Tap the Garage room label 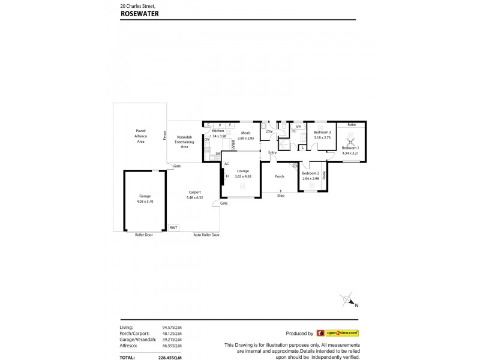coord(145,196)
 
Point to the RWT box coord(173,227)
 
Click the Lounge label coord(242,171)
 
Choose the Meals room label coord(246,133)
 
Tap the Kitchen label coord(218,131)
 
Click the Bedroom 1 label coord(350,148)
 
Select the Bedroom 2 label coord(310,173)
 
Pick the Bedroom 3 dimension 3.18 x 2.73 coord(322,137)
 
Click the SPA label coord(298,127)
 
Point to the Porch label coord(279,176)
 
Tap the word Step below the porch coord(281,196)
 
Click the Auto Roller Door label coord(206,235)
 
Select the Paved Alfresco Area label coord(140,136)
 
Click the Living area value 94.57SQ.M coord(172,328)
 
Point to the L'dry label coord(269,131)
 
